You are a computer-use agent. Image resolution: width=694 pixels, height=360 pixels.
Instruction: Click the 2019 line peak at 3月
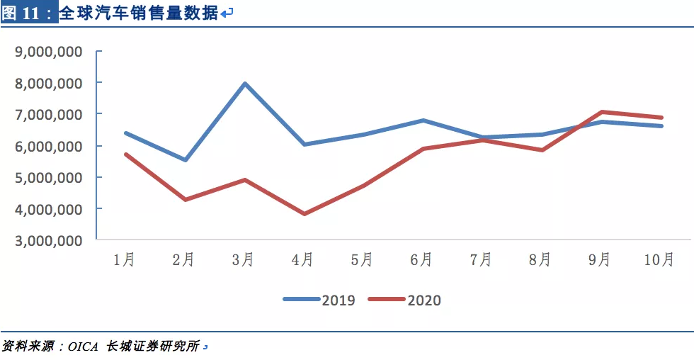point(245,84)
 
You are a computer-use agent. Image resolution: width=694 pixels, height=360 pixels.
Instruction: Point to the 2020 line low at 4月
point(305,213)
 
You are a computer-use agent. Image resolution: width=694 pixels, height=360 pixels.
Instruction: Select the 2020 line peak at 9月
point(602,112)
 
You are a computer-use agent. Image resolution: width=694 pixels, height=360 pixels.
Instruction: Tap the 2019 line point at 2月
point(186,159)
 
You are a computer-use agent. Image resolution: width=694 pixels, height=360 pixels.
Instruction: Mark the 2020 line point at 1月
point(126,154)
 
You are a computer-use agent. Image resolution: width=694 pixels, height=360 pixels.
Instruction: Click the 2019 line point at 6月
point(423,120)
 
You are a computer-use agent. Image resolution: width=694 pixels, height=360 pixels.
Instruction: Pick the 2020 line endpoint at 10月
point(661,118)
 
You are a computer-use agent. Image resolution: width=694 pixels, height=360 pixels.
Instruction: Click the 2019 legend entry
point(319,300)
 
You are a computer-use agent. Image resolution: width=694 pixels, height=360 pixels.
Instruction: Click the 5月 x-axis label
point(362,260)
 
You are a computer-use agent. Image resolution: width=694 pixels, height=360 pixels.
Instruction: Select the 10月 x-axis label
point(659,260)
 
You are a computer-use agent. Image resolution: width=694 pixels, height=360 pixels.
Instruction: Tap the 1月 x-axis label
point(125,260)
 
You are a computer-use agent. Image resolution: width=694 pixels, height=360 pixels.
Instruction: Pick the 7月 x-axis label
point(481,260)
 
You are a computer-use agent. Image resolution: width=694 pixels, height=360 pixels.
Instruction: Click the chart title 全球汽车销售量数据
point(138,12)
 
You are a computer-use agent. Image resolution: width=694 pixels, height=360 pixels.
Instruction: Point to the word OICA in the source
point(86,347)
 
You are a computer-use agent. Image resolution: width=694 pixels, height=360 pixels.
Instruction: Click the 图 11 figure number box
point(28,12)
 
